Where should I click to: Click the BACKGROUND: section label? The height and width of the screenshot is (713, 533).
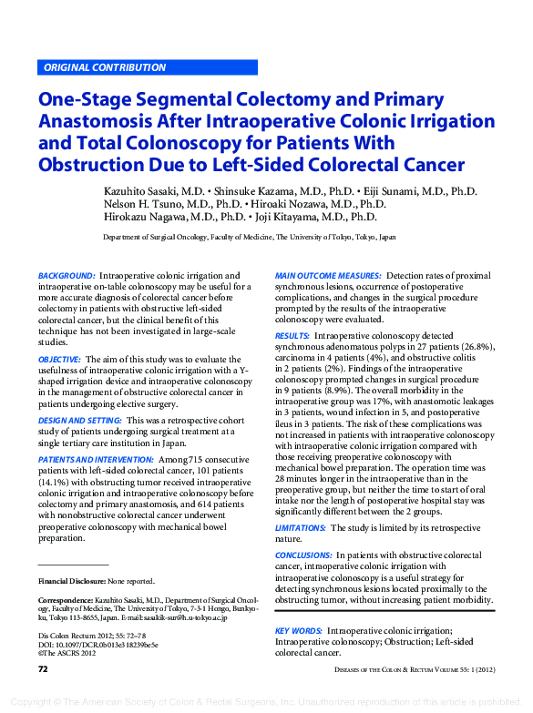click(67, 276)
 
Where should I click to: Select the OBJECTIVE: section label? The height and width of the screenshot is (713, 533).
click(60, 361)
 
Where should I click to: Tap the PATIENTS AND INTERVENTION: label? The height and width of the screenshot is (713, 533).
click(96, 461)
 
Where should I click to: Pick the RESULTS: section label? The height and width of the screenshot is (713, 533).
click(292, 336)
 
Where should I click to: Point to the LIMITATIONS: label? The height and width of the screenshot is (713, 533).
click(301, 528)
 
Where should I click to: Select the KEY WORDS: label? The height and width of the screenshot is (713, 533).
click(299, 630)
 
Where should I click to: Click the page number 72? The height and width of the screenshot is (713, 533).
click(43, 669)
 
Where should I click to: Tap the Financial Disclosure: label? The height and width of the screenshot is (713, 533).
click(72, 581)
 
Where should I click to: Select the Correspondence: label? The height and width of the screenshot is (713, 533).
click(65, 601)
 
